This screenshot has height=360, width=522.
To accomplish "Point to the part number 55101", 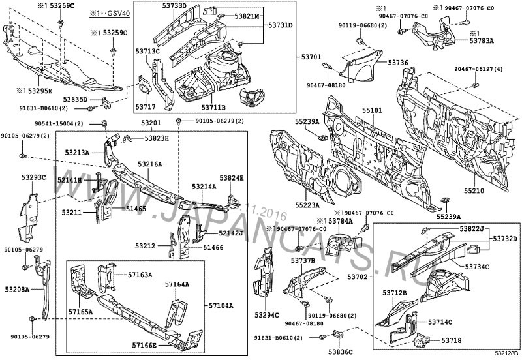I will [373, 112].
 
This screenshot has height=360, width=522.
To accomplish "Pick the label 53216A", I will [150, 165].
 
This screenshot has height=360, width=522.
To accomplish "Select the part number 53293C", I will [33, 177].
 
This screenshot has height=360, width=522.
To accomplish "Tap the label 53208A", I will [16, 288].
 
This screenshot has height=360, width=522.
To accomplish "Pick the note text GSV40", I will [117, 13].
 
